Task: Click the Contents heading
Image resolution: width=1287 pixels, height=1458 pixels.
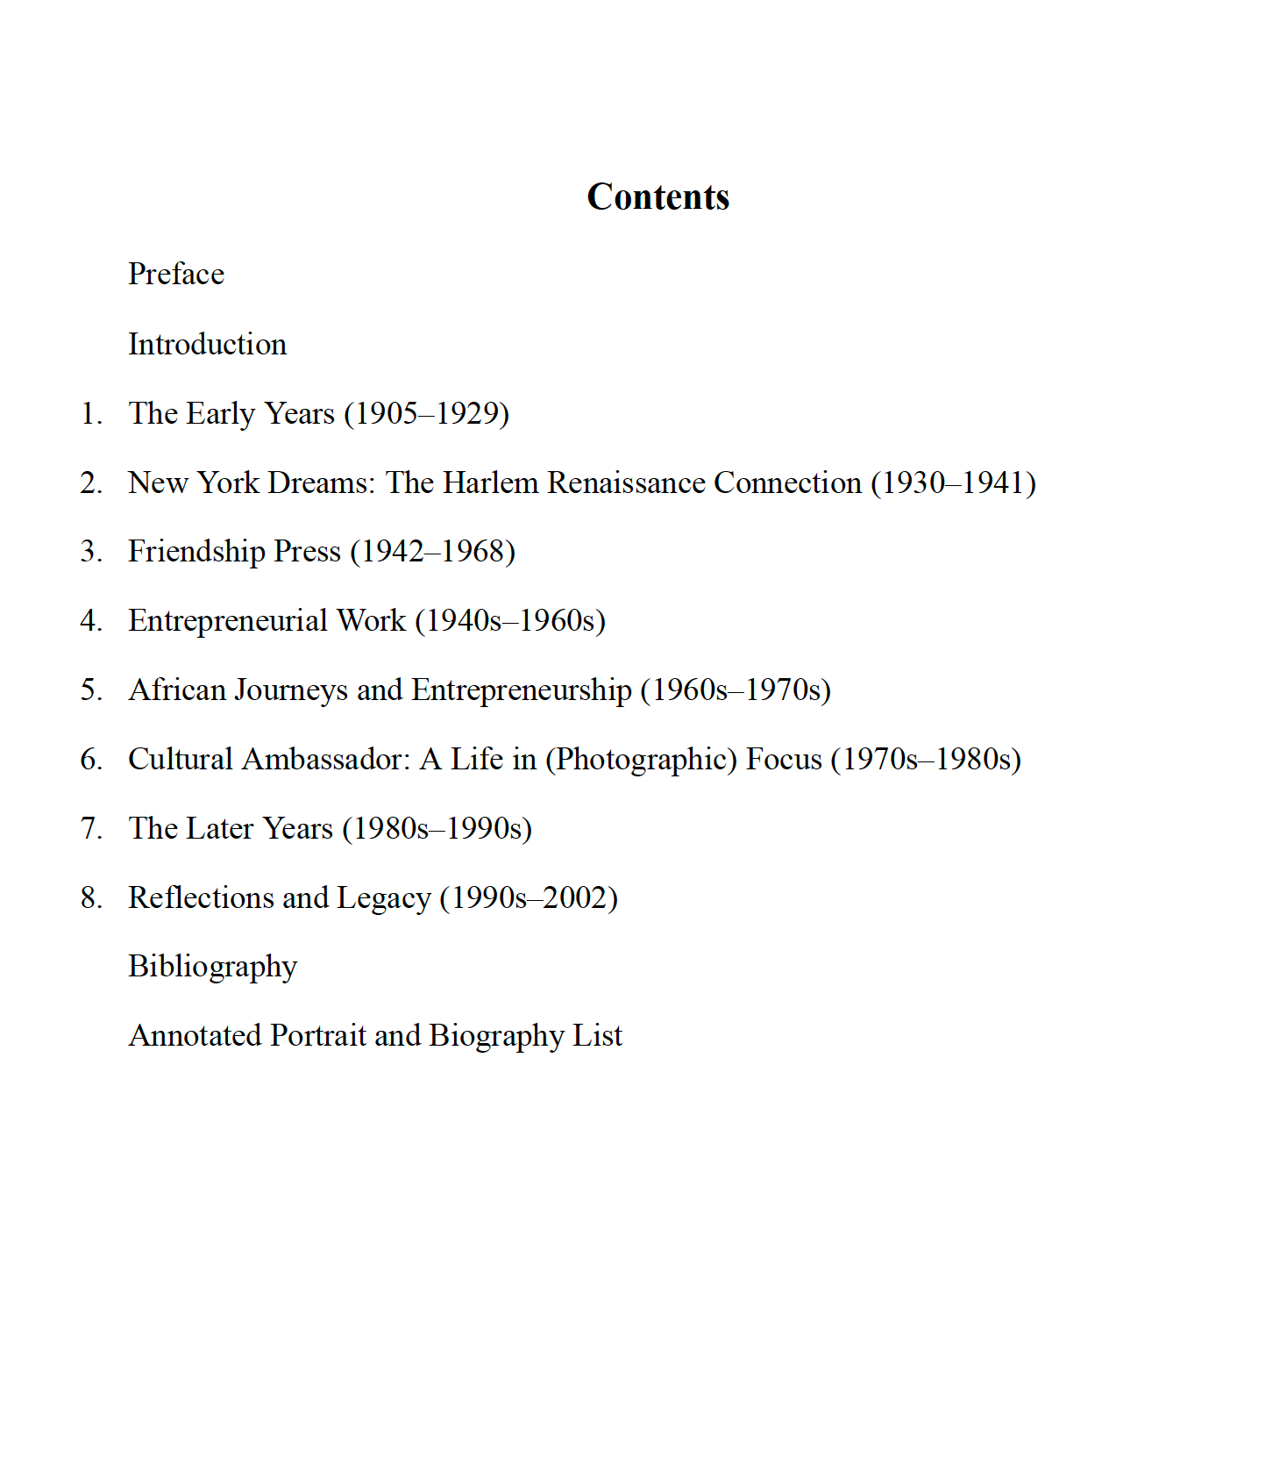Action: click(x=658, y=197)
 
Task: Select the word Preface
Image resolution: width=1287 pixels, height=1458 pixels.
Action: click(x=176, y=275)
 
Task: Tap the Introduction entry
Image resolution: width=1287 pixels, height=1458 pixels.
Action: click(x=207, y=344)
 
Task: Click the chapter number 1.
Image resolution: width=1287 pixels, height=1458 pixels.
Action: click(x=91, y=413)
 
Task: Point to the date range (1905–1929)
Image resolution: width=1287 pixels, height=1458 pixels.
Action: click(x=426, y=413)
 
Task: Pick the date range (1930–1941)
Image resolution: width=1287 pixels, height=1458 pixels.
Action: click(x=953, y=482)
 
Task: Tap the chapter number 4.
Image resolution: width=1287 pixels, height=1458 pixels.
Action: click(x=91, y=621)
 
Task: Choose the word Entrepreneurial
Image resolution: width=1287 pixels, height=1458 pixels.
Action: click(x=228, y=621)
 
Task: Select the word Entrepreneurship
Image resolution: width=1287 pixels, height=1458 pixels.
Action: click(x=522, y=690)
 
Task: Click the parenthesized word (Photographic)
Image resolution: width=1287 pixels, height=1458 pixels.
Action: click(x=641, y=760)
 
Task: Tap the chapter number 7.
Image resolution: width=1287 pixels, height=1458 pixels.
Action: click(x=91, y=829)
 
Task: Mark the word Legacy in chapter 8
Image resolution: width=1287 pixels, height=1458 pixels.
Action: click(x=383, y=898)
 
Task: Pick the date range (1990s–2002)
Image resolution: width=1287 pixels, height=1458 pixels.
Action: click(x=529, y=898)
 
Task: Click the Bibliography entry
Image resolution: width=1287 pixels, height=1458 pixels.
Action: click(x=212, y=967)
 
